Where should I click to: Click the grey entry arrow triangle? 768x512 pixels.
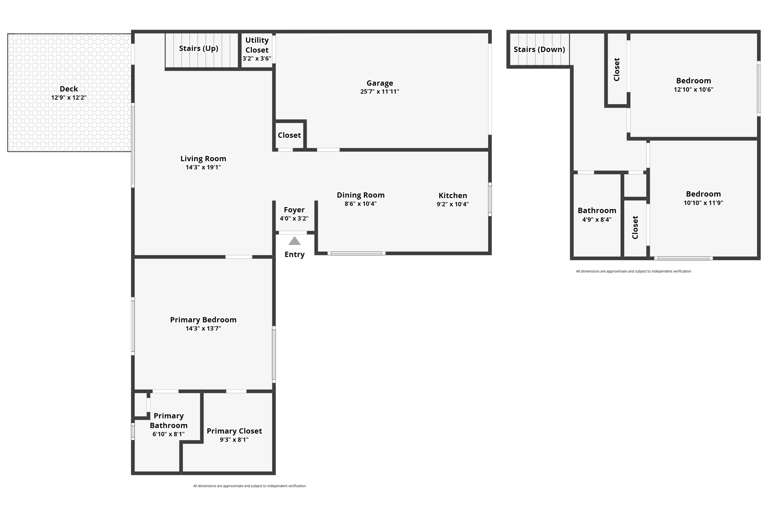[294, 241]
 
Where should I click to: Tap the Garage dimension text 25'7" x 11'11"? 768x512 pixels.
[379, 92]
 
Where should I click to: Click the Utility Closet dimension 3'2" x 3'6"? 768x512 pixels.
[257, 59]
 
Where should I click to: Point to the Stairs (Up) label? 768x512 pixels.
[198, 48]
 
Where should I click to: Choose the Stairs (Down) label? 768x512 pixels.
[539, 49]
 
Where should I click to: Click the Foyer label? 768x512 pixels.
[294, 210]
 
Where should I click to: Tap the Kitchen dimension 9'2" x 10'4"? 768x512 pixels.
[452, 204]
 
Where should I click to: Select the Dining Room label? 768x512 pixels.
[360, 195]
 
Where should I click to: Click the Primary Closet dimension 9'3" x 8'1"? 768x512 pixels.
[234, 439]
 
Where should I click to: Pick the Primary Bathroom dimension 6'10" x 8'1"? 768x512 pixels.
[168, 434]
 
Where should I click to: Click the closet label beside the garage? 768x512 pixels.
[289, 135]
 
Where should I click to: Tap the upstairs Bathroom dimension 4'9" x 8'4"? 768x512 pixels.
[596, 219]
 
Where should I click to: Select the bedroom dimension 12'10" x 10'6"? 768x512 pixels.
[693, 89]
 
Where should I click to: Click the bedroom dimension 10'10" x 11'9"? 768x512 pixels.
[703, 203]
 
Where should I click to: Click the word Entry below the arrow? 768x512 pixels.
[294, 254]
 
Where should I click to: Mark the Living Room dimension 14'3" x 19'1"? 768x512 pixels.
[203, 167]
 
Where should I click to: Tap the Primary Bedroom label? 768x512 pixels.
[203, 320]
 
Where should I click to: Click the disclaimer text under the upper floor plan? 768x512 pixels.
[633, 271]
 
